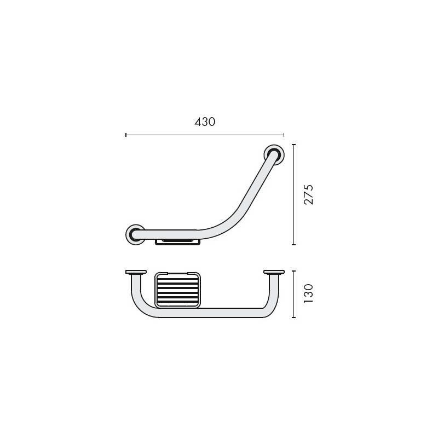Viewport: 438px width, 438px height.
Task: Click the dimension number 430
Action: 205,122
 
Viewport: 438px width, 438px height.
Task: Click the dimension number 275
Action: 309,194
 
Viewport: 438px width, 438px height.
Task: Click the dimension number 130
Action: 309,294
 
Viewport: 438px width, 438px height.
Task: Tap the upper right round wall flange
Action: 274,154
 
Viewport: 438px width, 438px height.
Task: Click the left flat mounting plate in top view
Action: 135,272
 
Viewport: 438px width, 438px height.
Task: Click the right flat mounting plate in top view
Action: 273,272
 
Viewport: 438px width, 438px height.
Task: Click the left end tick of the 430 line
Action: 126,134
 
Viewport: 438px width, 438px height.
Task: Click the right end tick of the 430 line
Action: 284,134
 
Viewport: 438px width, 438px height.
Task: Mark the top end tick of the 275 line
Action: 295,145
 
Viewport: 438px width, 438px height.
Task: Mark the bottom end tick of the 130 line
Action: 295,318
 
